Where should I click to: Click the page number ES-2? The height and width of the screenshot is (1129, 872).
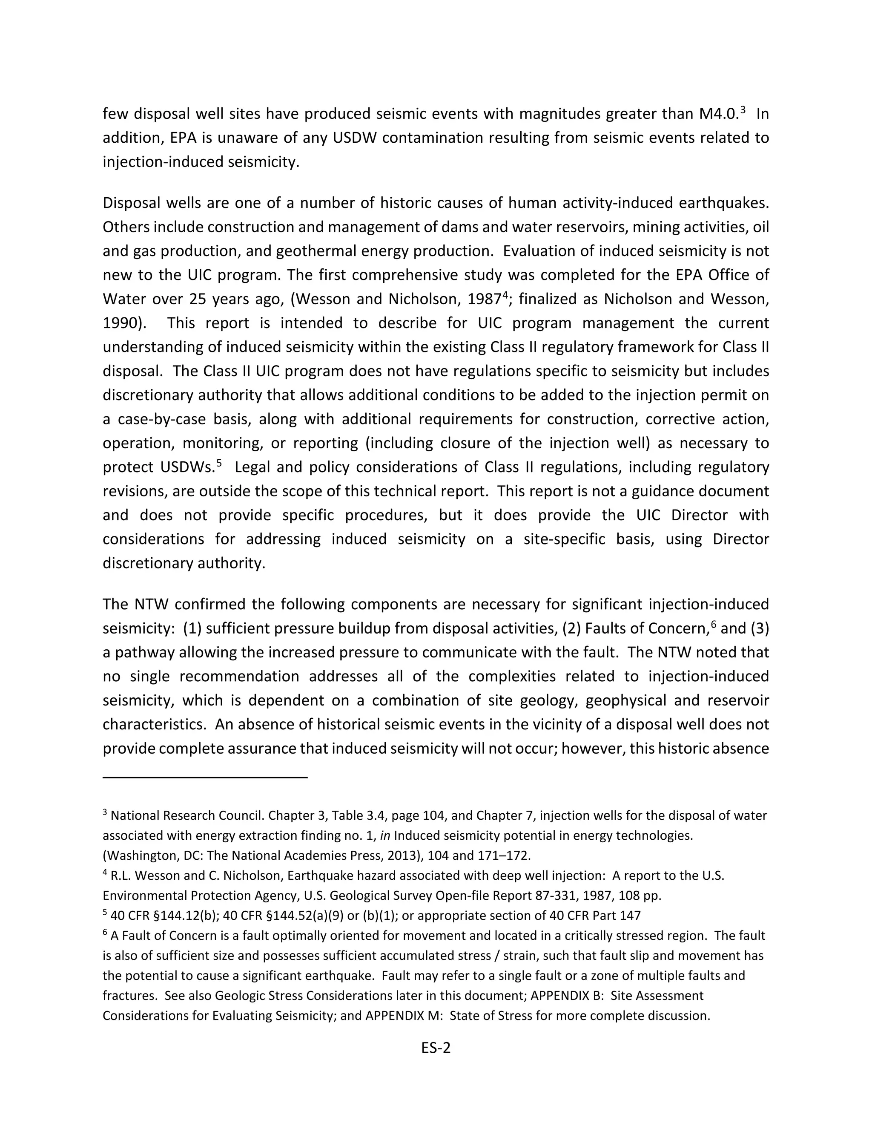[436, 1047]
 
